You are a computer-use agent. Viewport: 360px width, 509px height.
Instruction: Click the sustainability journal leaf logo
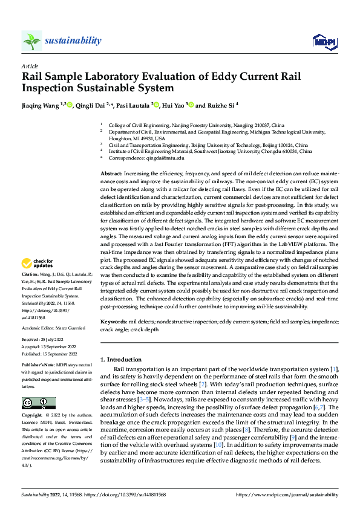click(31, 41)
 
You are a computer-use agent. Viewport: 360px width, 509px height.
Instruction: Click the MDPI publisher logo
click(324, 41)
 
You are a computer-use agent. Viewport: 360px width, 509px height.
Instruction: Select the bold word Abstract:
click(112, 173)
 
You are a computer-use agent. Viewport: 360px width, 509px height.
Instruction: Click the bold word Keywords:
click(113, 322)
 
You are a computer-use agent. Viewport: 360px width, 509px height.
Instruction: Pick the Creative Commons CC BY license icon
click(38, 403)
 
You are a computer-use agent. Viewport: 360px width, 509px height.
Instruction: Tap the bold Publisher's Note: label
click(38, 366)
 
